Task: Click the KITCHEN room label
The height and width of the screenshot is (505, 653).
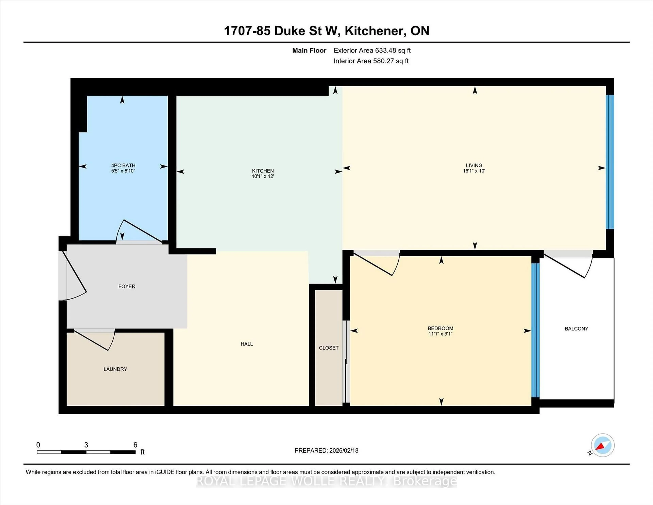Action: click(x=263, y=171)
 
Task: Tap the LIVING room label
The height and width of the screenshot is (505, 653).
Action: click(x=474, y=165)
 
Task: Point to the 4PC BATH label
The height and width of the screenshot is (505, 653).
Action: click(x=123, y=165)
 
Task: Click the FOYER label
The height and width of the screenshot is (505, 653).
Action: click(x=127, y=286)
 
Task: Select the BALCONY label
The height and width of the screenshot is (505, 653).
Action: click(x=576, y=329)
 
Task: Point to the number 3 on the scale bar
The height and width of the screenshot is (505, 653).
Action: click(x=86, y=445)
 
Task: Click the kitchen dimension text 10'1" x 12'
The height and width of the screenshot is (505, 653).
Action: click(x=263, y=176)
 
